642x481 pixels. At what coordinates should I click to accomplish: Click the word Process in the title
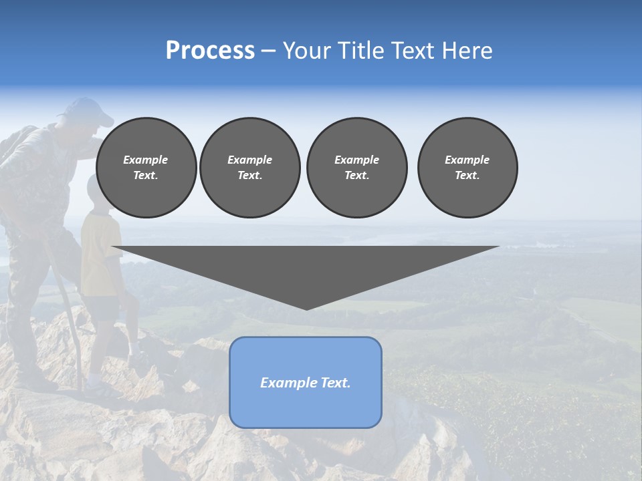click(210, 51)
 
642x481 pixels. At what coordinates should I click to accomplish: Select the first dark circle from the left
click(146, 168)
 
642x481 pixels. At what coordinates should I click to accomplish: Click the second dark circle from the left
click(249, 168)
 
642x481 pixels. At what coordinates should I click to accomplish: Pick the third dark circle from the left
click(356, 168)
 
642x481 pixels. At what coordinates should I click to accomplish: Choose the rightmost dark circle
click(467, 168)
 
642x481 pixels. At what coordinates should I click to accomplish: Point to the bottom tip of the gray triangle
click(306, 309)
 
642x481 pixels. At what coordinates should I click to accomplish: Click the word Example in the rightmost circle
click(467, 160)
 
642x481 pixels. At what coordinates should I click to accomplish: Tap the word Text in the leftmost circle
click(145, 176)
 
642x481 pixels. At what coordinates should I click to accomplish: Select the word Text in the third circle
click(356, 176)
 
